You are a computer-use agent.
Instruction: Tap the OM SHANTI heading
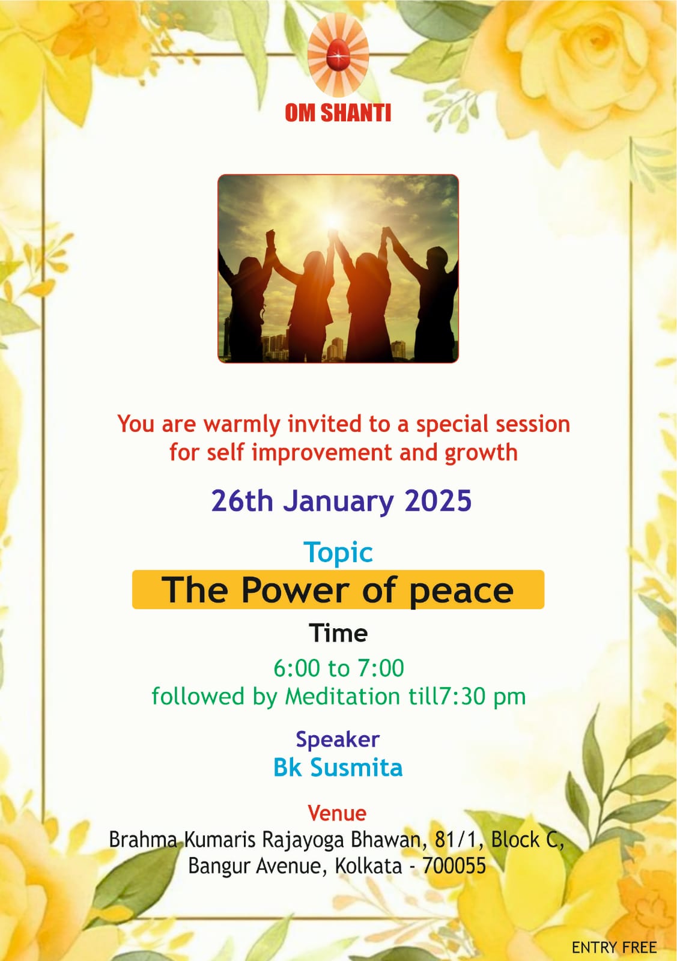coord(338,113)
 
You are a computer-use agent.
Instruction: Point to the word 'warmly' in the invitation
coord(241,424)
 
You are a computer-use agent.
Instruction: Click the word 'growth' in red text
coord(481,453)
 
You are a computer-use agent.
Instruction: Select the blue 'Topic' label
coord(338,553)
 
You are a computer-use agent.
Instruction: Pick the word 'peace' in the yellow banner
coord(461,592)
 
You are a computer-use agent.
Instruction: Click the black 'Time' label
coord(338,633)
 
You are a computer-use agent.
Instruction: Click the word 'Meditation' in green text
coord(342,696)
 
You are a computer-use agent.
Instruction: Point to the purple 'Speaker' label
coord(338,740)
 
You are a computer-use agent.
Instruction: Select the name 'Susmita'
coord(356,768)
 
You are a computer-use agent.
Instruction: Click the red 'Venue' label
coord(337,813)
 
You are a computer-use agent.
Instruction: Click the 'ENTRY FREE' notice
coord(615,947)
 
